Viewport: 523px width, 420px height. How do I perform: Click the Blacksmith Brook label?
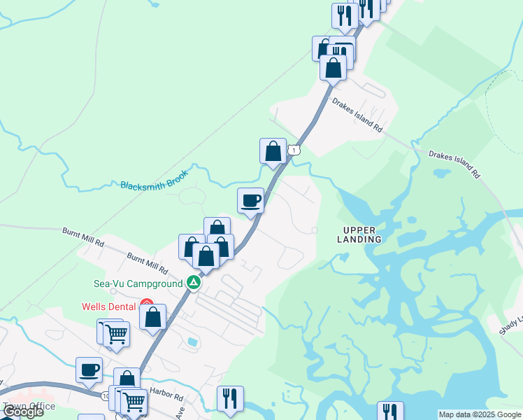coord(155,185)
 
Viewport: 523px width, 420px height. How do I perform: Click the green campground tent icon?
coord(194,283)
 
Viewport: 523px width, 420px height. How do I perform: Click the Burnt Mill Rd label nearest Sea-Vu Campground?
coord(148,263)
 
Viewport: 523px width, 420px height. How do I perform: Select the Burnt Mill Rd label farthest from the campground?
coord(83,237)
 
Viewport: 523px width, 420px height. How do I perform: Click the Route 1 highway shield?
coord(296,150)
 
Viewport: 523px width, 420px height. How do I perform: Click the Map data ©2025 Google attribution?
coord(479,414)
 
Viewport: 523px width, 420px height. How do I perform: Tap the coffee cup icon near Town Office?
coord(89,370)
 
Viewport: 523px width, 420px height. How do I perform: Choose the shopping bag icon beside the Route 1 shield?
coord(273,151)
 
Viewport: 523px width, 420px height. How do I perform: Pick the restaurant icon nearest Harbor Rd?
coord(230,399)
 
